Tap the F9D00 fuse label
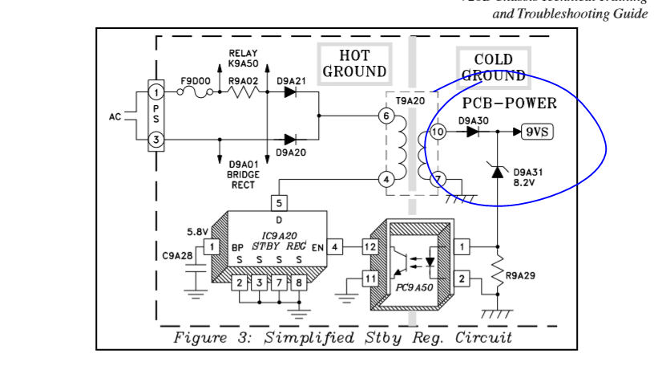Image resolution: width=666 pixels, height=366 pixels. coord(195,80)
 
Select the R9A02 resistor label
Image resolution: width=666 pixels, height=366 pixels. coord(243,80)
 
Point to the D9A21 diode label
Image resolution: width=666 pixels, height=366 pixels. coord(291,80)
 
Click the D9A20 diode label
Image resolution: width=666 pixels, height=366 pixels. coord(291,152)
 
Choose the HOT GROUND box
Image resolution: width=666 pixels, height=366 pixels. coord(354,63)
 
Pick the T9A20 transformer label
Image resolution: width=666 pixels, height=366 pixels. coord(410,100)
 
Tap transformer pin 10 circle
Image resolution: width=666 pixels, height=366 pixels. coord(438,132)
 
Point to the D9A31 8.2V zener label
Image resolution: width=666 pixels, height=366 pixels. coord(527,177)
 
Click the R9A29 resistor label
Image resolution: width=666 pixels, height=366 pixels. coord(520,275)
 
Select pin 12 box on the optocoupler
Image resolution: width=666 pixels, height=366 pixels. coord(369,247)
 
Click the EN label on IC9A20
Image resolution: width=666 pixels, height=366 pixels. coord(317,247)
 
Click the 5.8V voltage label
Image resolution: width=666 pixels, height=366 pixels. coord(197,231)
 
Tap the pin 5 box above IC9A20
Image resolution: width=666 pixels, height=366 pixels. coord(279,203)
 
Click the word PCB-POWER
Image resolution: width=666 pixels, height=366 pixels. coord(509,104)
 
